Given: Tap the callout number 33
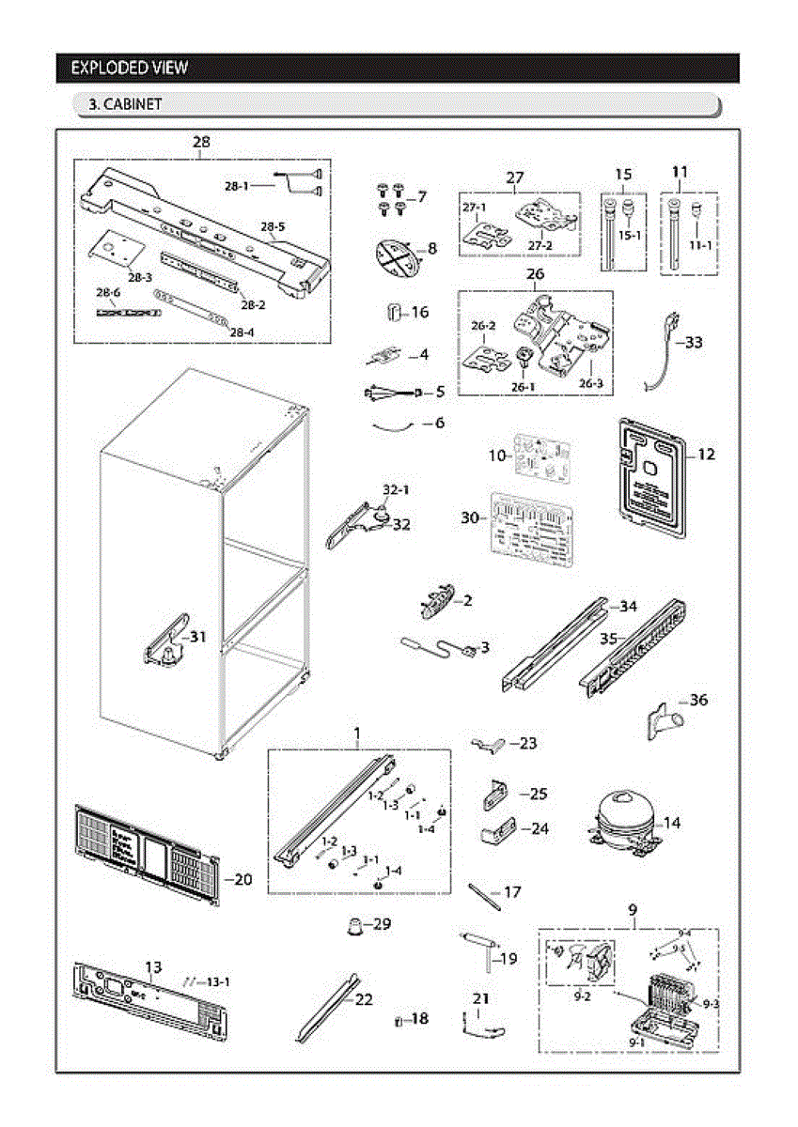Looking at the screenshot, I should point(694,343).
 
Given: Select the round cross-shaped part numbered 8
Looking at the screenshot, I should point(396,256).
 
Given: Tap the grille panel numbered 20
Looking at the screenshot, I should point(146,855).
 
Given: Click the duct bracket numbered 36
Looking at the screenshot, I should point(665,721).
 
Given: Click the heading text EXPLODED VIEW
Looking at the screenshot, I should point(130,68).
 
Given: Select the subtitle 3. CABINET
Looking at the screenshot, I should point(124,104).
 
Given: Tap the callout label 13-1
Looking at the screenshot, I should point(218,981).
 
